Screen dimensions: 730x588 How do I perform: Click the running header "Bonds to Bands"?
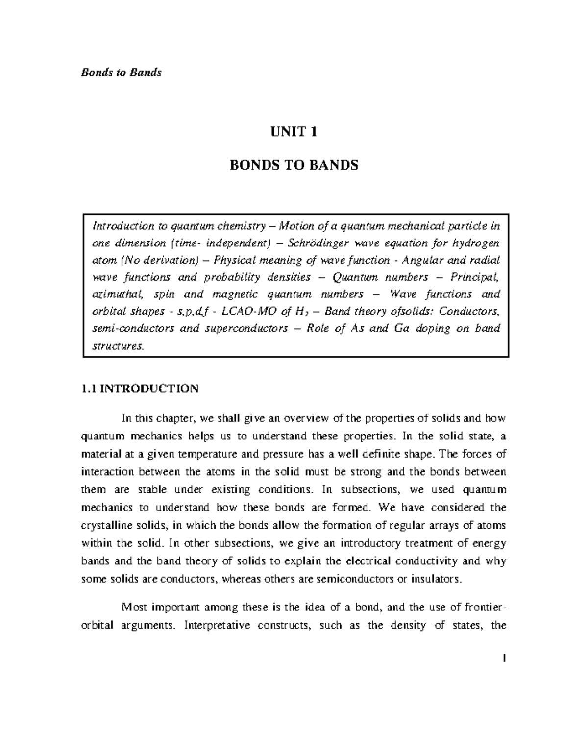point(121,73)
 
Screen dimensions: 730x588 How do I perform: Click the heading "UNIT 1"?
point(294,132)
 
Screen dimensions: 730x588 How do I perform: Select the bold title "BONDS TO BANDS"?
point(294,165)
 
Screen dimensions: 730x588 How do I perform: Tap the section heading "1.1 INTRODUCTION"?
point(140,389)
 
